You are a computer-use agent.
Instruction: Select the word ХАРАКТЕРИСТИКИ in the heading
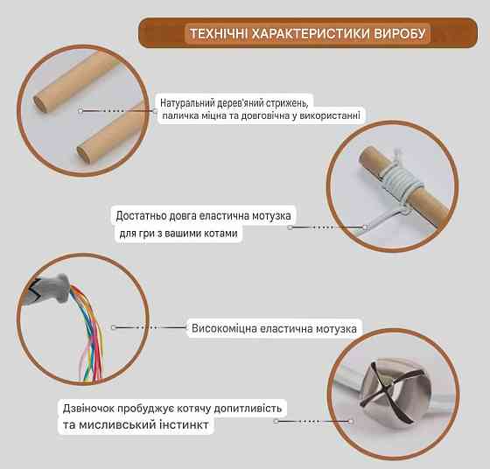tap(309, 35)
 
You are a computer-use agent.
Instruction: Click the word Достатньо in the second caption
tap(144, 215)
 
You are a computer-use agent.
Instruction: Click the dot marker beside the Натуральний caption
tap(80, 111)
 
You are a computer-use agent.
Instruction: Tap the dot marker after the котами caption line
tap(290, 227)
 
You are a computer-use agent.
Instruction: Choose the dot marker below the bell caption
tap(276, 421)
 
